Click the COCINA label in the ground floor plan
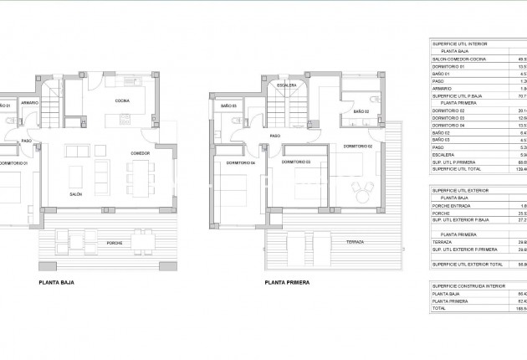[121, 100]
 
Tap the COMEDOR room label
[140, 154]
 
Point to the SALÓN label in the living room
[75, 193]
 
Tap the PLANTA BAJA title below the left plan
[56, 283]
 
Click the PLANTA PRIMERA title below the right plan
[287, 283]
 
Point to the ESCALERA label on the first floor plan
[287, 85]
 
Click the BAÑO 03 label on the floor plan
[228, 106]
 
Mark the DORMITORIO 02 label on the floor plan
[358, 146]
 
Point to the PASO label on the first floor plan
[274, 136]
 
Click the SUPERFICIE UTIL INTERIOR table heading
[460, 43]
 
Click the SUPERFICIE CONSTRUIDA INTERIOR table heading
[465, 285]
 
